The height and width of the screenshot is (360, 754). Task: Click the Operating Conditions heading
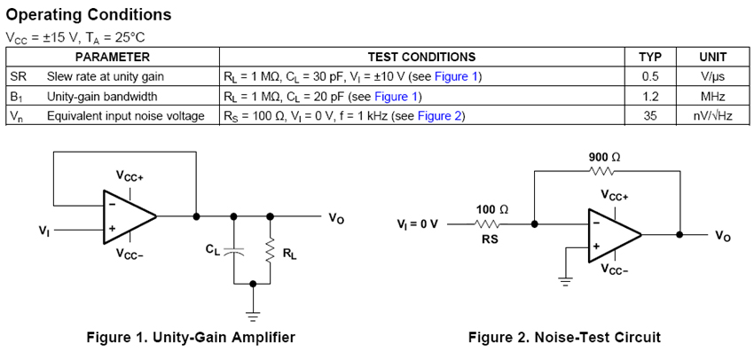89,15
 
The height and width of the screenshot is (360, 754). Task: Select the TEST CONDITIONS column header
422,57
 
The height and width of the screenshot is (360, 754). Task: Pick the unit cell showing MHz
713,96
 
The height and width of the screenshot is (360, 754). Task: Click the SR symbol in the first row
18,76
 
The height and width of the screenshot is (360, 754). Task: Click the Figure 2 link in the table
440,115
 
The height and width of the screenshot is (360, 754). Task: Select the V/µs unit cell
713,76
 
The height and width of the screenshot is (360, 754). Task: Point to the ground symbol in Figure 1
254,311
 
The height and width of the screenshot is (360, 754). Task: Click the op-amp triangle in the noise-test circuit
613,235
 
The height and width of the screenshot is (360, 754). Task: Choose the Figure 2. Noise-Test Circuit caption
564,337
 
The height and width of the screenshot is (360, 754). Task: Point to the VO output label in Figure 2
723,237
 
